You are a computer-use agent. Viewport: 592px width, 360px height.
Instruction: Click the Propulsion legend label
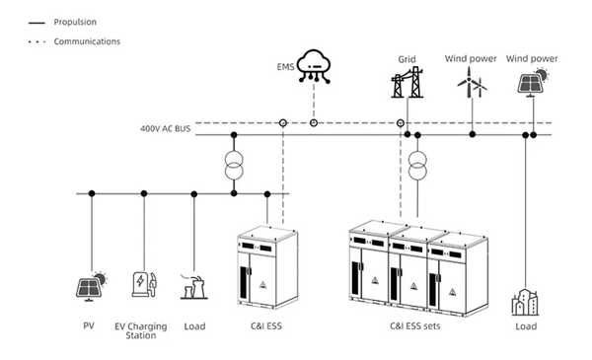point(74,20)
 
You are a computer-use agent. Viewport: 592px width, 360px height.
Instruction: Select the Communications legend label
point(87,41)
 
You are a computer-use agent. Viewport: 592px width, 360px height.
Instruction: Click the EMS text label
point(284,67)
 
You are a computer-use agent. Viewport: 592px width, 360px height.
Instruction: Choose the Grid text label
point(407,58)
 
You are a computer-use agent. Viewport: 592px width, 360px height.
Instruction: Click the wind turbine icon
point(471,85)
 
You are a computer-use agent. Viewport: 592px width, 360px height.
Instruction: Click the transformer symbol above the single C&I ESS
point(233,166)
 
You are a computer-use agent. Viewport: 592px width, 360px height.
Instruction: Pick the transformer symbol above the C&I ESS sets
point(417,166)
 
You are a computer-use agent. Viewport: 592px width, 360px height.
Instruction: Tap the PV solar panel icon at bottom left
point(93,286)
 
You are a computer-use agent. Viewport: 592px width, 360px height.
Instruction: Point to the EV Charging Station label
point(141,330)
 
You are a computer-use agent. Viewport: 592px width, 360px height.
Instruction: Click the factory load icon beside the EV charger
point(194,287)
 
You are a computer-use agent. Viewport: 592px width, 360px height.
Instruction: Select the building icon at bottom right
point(525,300)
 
